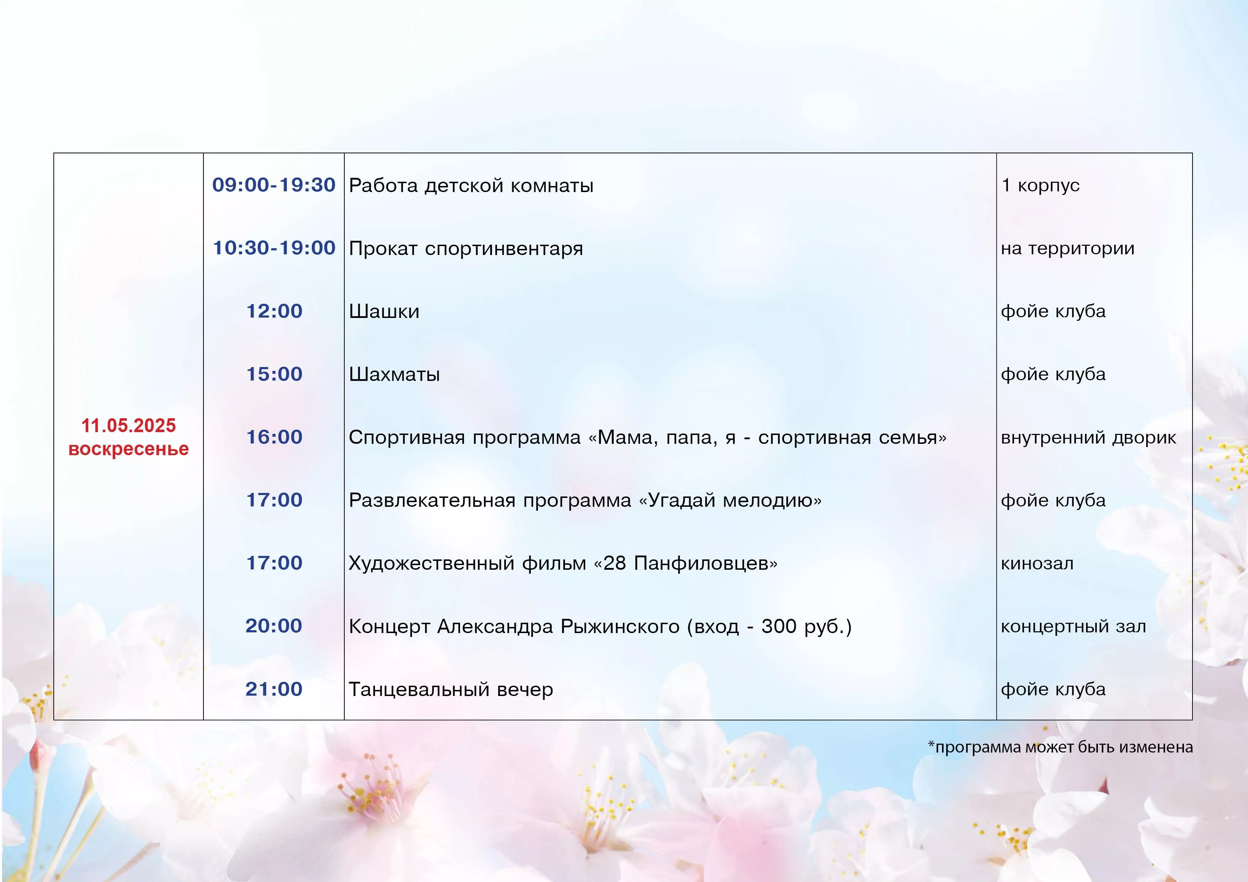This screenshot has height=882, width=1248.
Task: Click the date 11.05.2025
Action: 129,425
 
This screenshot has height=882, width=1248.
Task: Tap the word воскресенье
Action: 129,450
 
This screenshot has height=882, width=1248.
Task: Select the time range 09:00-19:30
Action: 274,185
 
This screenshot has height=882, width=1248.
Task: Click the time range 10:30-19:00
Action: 274,248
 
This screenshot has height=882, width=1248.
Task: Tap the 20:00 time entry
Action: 274,626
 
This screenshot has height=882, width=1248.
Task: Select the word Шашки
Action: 384,312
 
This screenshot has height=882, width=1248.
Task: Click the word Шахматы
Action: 395,374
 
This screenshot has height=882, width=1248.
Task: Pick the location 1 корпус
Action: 1040,185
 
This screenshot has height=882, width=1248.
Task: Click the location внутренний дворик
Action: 1088,437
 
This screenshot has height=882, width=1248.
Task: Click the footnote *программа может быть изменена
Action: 1061,747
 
